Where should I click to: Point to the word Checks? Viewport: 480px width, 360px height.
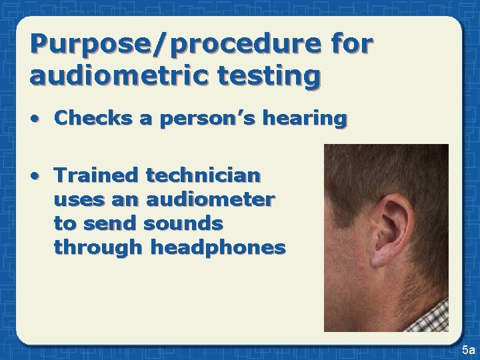[94, 119]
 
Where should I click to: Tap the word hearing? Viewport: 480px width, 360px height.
[307, 119]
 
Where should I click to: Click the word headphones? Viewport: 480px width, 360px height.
[219, 247]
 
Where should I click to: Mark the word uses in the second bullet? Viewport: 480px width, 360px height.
[75, 199]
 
